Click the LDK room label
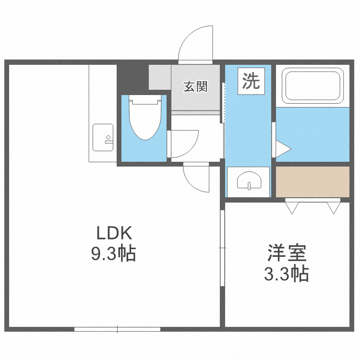pyautogui.click(x=114, y=233)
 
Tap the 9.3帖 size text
pyautogui.click(x=114, y=253)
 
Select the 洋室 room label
pyautogui.click(x=287, y=253)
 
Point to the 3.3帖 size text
pyautogui.click(x=287, y=274)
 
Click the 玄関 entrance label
pyautogui.click(x=196, y=87)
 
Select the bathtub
pyautogui.click(x=312, y=86)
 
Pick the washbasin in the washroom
pyautogui.click(x=248, y=180)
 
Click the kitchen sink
pyautogui.click(x=103, y=136)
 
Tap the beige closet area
pyautogui.click(x=312, y=181)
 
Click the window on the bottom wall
pyautogui.click(x=117, y=329)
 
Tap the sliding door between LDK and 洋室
pyautogui.click(x=222, y=247)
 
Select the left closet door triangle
pyautogui.click(x=292, y=207)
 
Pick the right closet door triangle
pyautogui.click(x=334, y=207)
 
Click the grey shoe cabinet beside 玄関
pyautogui.click(x=160, y=77)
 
